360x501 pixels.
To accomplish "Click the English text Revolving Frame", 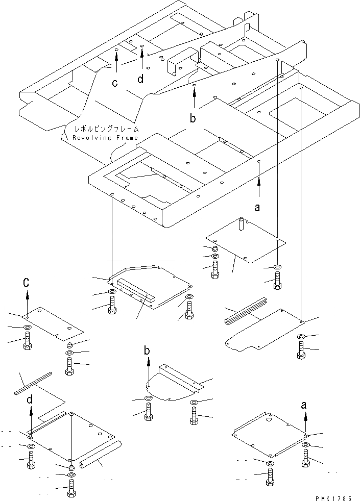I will click(x=105, y=138).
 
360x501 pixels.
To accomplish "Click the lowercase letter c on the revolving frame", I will click(x=115, y=83).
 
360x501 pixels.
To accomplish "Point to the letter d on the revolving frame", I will click(x=140, y=79).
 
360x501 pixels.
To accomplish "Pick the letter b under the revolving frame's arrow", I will click(x=193, y=119).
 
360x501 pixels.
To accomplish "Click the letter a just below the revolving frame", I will click(x=257, y=207).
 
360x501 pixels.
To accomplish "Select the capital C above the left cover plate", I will click(x=27, y=283).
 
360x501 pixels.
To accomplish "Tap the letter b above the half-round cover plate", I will click(x=147, y=350).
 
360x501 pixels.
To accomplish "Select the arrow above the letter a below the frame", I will click(x=259, y=186).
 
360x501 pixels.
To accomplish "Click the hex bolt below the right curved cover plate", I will click(x=301, y=351).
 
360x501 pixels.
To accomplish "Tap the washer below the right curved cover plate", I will click(x=301, y=336).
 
